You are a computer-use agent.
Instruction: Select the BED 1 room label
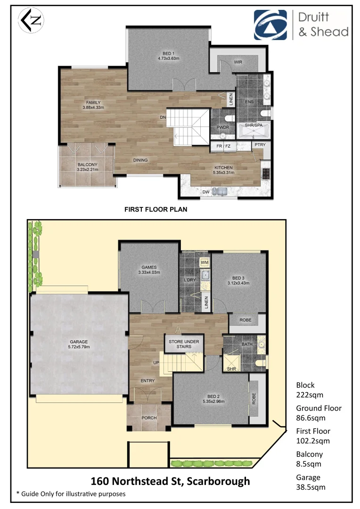[168, 53]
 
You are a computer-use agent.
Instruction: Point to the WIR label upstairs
[238, 62]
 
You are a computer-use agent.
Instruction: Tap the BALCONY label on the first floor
[87, 164]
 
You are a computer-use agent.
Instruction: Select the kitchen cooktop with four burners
[266, 173]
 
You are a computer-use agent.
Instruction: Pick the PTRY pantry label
[260, 146]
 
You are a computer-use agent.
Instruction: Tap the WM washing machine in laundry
[205, 262]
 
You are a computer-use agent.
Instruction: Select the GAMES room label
[149, 267]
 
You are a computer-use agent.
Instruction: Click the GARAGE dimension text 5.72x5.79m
[78, 347]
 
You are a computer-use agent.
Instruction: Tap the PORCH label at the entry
[149, 418]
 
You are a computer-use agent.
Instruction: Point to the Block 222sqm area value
[306, 395]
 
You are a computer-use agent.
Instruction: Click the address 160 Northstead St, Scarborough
[170, 481]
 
